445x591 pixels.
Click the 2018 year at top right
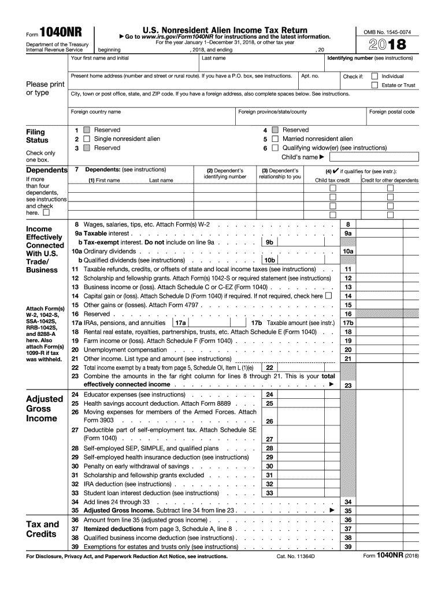pos(385,44)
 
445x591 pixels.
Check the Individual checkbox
pos(374,76)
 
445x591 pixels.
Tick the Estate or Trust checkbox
pos(374,85)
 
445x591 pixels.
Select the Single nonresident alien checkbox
pos(87,139)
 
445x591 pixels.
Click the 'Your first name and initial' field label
pos(99,58)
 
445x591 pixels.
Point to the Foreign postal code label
pos(392,112)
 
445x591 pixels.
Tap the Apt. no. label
pos(310,76)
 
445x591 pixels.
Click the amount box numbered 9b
pos(269,242)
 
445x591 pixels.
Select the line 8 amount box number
pos(348,224)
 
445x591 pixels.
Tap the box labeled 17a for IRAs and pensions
pos(180,323)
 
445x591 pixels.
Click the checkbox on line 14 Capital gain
pos(329,296)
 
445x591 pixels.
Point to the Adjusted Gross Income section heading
pos(44,409)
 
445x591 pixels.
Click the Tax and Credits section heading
pos(43,529)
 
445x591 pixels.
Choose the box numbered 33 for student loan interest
pos(269,493)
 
